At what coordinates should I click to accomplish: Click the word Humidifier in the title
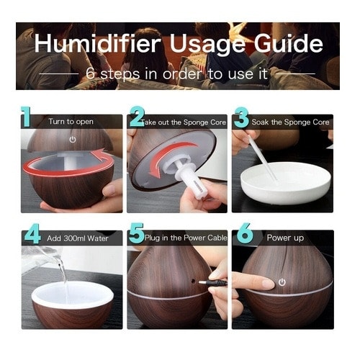[97, 43]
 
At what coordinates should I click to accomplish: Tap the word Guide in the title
[289, 43]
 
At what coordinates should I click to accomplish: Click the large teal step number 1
[26, 117]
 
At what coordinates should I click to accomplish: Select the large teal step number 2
[138, 117]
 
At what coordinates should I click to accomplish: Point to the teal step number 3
[241, 117]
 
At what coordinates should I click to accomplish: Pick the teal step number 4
[32, 233]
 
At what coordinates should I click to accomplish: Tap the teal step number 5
[136, 233]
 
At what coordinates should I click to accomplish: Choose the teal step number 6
[245, 233]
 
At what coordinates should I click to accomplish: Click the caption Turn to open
[71, 122]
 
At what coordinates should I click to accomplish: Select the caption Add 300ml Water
[78, 238]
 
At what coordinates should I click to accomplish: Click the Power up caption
[285, 238]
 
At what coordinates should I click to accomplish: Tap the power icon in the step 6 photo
[282, 282]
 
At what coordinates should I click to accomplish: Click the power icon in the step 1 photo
[73, 140]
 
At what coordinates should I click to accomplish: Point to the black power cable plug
[213, 283]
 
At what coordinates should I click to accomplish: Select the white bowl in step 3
[286, 183]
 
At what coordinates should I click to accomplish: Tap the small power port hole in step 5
[193, 280]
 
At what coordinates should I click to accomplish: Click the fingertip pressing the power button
[268, 284]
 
